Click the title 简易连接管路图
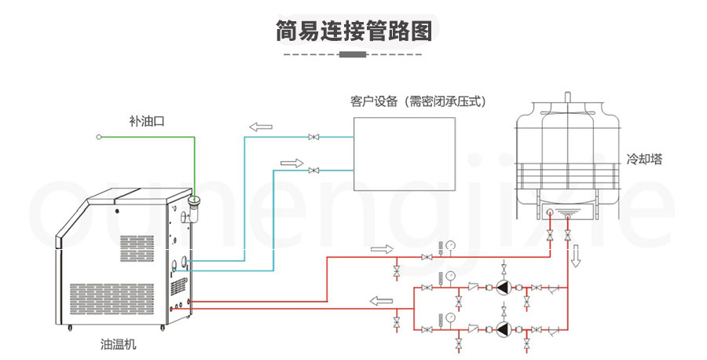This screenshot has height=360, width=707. pos(353,30)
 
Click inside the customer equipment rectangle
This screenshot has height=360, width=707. pos(405,154)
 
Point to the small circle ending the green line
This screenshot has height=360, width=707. pos(99,137)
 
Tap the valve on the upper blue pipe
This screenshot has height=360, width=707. pos(314,138)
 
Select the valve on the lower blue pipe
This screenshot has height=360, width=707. pos(314,170)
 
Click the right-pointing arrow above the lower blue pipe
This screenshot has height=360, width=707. pos(291,163)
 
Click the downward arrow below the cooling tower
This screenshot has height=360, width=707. pos(576,255)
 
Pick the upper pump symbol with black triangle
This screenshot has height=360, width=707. pos(501,288)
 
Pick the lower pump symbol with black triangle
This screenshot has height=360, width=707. pos(501,328)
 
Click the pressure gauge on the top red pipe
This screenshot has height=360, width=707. pos(450,245)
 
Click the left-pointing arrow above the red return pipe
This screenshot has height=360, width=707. pos(383,299)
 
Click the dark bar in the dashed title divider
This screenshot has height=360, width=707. pos(353,54)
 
